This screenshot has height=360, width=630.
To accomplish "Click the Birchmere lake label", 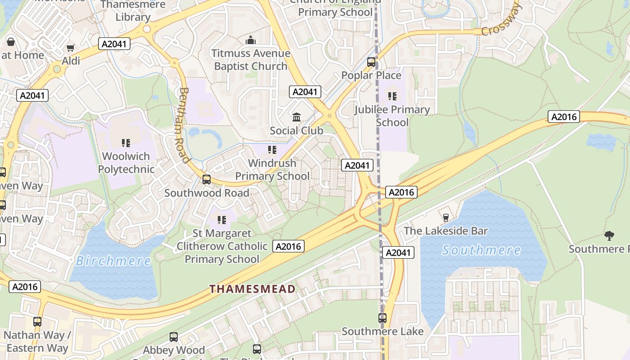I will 113,261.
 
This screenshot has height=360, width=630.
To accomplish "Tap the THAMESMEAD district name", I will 252,289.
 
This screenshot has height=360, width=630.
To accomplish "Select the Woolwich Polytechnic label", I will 126,163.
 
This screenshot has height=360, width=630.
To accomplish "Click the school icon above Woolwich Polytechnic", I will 126,143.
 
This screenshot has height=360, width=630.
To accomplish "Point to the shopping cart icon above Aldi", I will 70,48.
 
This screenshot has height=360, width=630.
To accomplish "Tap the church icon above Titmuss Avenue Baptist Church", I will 251,40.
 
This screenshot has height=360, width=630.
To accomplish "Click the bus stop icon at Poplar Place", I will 371,62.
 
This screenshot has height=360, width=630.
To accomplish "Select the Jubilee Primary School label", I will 392,116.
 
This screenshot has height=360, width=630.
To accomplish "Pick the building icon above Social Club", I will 297,117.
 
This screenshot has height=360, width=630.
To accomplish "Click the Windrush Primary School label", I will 272,169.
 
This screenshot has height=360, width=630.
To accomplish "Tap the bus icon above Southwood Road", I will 207,180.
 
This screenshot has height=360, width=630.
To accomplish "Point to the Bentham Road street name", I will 184,125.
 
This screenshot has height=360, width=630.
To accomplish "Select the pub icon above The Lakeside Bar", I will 446,218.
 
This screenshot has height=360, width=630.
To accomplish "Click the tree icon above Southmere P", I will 609,235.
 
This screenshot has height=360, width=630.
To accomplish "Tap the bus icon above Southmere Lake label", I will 382,318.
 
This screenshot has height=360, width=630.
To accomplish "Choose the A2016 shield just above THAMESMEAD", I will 288,246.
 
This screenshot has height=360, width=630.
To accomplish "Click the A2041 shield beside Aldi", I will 114,44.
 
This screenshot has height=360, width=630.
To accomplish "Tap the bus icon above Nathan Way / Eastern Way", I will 37,322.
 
